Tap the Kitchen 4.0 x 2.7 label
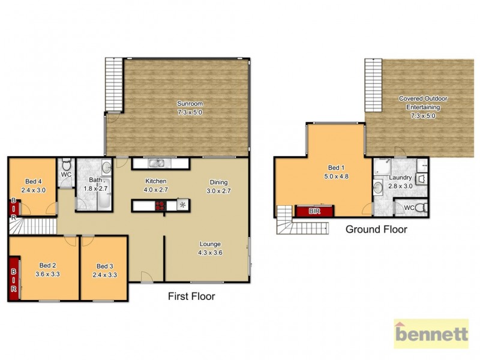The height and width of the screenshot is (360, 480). coord(155,185)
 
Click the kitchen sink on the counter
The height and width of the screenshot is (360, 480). coord(157,163)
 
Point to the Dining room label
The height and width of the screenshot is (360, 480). coord(218,187)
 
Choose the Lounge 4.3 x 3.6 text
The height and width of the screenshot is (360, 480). coord(210,248)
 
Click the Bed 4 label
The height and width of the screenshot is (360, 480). coord(34,186)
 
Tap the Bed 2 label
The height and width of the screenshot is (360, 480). coord(47,271)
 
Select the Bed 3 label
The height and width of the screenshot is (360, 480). coord(104,271)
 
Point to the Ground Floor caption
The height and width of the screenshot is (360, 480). coord(376,229)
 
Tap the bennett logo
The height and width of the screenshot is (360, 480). coord(431,333)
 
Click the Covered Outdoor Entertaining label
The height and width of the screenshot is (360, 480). coord(423,107)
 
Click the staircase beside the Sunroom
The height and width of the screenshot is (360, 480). coord(114,84)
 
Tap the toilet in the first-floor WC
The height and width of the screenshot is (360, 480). coord(67,164)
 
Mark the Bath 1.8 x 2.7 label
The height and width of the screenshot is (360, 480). coord(97,184)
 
